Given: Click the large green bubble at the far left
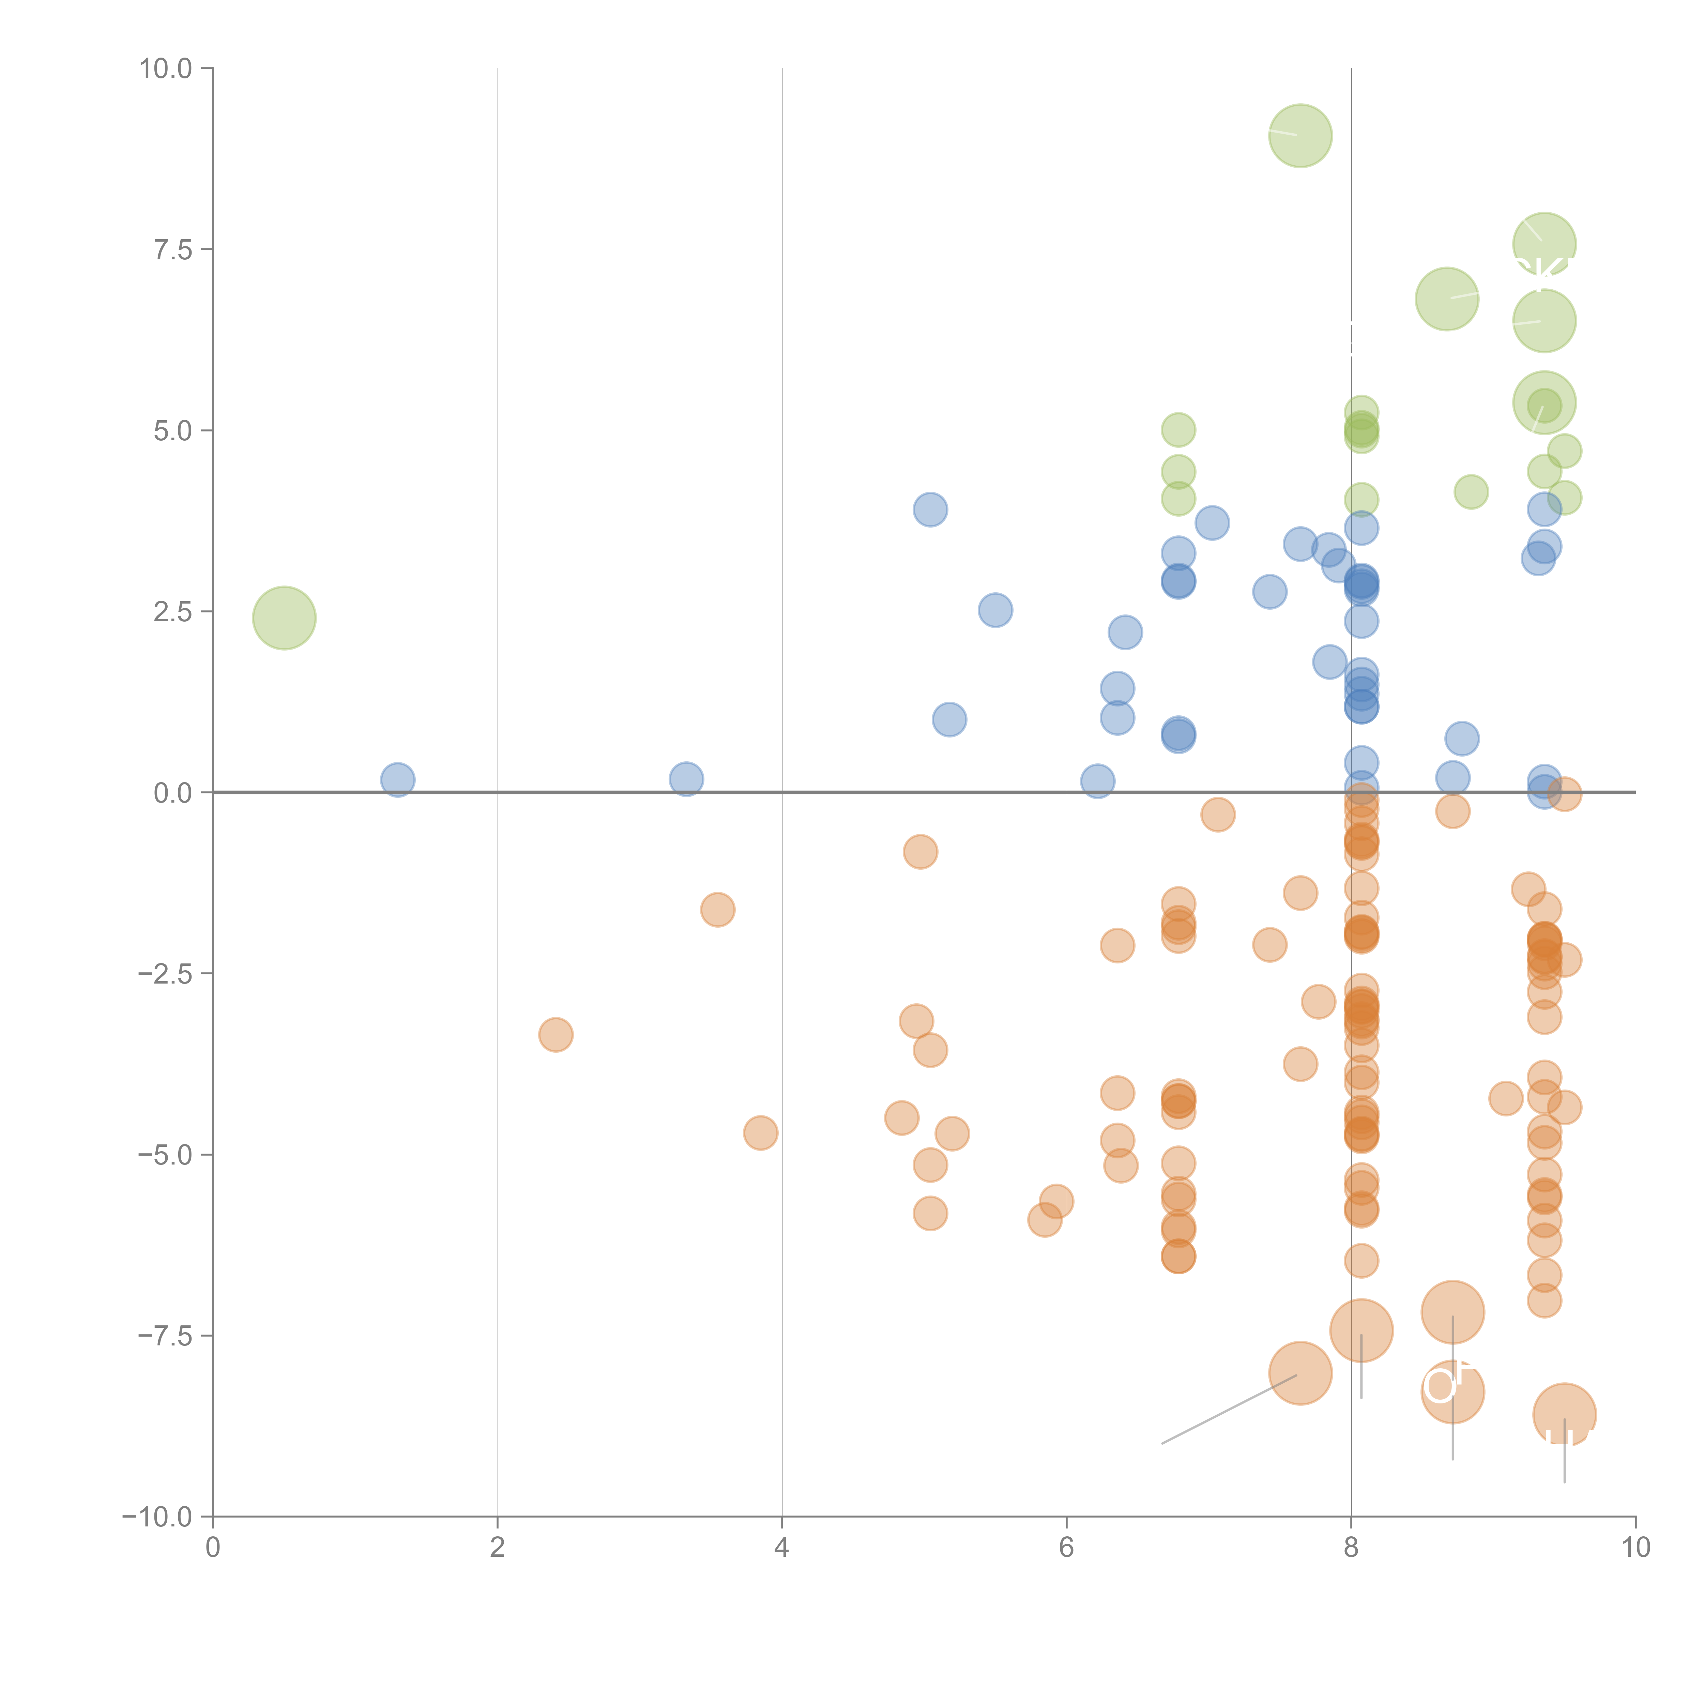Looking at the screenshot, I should point(284,618).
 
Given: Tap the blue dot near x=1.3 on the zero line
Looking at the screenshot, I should point(398,780).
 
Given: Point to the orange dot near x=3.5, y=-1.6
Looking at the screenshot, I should point(718,909).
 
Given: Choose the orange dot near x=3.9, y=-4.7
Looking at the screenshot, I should point(760,1132).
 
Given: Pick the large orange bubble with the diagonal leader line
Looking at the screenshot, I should point(1300,1373).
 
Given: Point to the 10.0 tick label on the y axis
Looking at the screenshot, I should point(166,69).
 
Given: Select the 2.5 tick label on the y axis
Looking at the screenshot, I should point(173,612).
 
